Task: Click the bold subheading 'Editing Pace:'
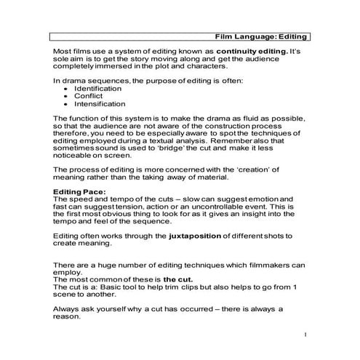(x=80, y=191)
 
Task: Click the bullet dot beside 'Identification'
(x=66, y=88)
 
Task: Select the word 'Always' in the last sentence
(x=68, y=309)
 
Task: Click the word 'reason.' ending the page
(x=70, y=317)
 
